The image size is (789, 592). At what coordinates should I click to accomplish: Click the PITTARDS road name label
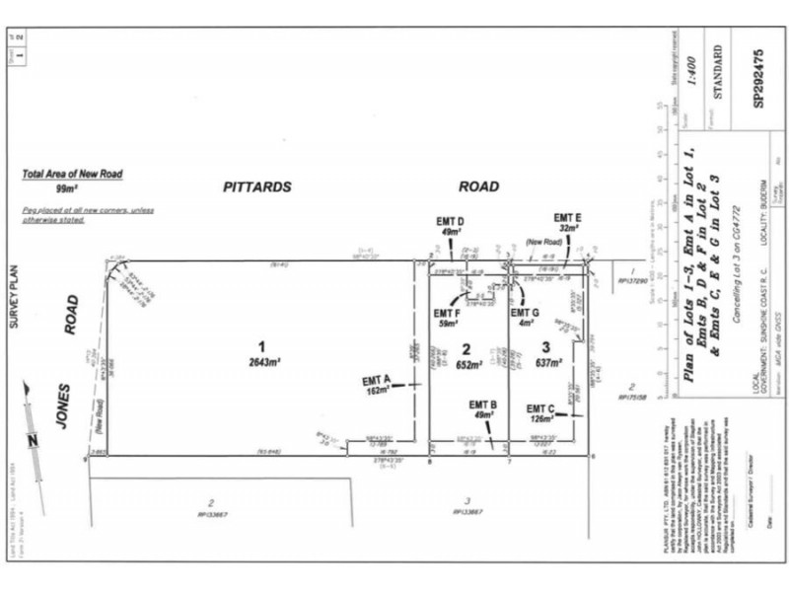[257, 185]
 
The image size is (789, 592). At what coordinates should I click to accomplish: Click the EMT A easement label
[376, 385]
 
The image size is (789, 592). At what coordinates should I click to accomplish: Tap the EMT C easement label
[540, 413]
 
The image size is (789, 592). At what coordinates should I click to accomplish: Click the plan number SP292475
[758, 73]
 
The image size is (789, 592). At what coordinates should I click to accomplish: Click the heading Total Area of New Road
[72, 175]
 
